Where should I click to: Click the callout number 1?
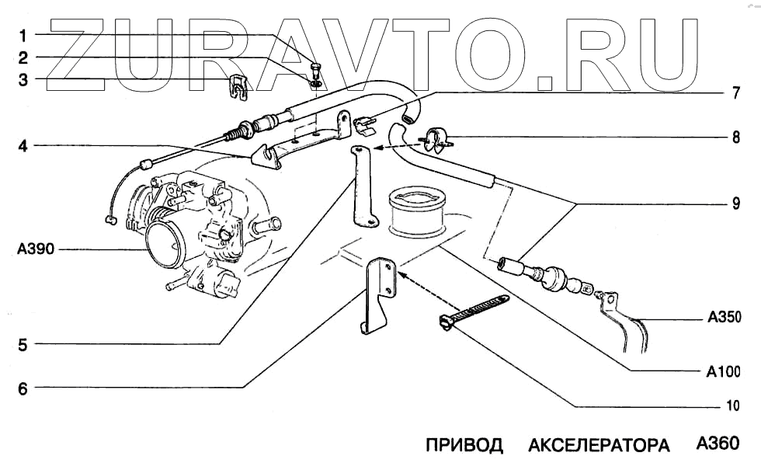point(23,35)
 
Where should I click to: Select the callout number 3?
point(23,79)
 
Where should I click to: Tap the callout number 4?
point(23,144)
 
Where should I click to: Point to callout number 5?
point(23,344)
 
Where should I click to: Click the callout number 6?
point(23,389)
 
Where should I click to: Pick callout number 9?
point(734,205)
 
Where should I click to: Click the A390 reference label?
point(32,250)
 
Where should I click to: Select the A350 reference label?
point(725,318)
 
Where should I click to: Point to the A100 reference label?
point(725,371)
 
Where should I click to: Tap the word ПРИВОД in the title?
point(464,446)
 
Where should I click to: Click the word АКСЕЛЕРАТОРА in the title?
point(599,446)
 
